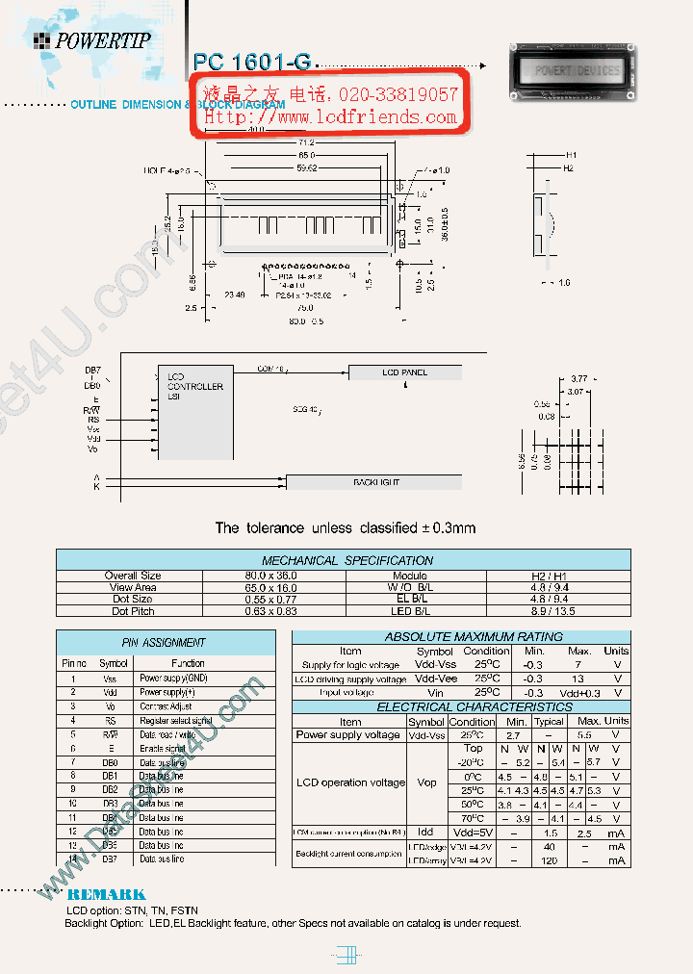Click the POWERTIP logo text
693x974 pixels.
pos(102,40)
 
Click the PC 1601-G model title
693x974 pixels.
pos(252,62)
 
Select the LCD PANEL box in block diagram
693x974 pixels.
pos(405,372)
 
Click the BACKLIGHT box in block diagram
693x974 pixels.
pos(375,482)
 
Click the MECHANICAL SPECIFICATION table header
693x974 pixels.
pos(347,560)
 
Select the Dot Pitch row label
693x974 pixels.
pos(133,611)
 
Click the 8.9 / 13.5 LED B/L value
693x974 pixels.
pos(557,611)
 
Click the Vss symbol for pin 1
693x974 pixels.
pos(112,679)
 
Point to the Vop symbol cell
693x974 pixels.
pos(426,782)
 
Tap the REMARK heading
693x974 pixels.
pos(107,895)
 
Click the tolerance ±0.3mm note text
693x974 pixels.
pos(346,528)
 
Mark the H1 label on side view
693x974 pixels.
pos(571,155)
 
